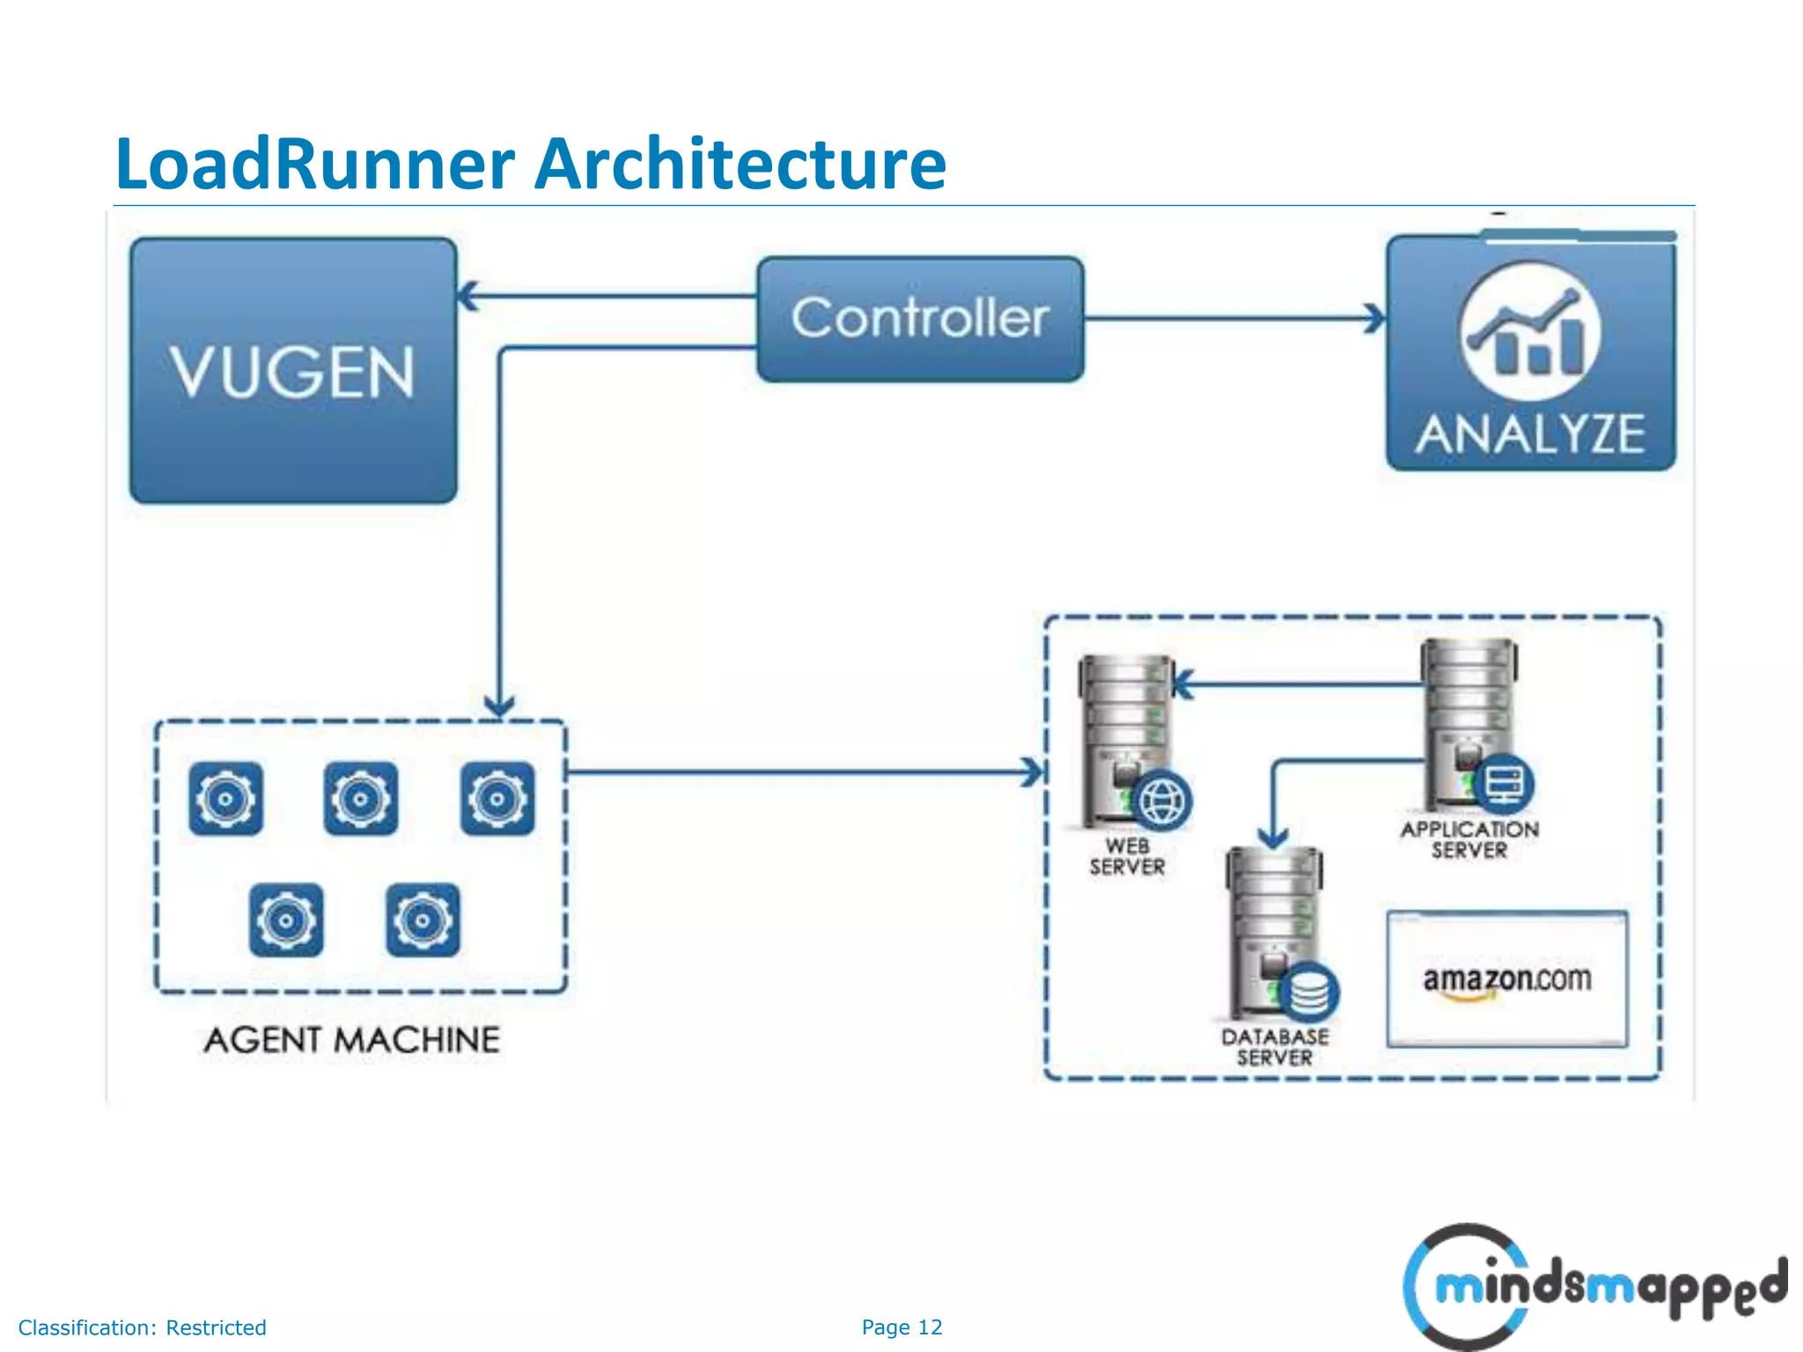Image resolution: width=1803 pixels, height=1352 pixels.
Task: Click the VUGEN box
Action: click(293, 371)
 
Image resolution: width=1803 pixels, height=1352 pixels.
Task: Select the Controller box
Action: click(920, 319)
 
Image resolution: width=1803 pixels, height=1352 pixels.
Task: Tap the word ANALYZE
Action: click(1530, 435)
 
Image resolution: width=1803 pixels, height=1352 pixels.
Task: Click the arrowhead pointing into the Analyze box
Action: click(1373, 319)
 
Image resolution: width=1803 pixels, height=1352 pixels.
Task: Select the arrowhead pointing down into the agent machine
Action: click(500, 705)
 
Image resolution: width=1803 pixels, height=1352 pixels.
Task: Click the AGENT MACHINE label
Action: click(352, 1040)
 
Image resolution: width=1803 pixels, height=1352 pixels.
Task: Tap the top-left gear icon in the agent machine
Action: click(225, 798)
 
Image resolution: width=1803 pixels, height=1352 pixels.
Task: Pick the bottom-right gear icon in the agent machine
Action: click(423, 920)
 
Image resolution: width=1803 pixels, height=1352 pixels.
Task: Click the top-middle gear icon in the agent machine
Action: click(361, 798)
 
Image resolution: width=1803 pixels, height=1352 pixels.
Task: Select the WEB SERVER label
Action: click(1127, 856)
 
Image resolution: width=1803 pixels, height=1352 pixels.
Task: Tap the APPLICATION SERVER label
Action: click(1469, 840)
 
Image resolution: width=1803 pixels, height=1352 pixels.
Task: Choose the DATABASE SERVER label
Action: click(1275, 1047)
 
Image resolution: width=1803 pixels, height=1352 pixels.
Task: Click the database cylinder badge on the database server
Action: click(1309, 993)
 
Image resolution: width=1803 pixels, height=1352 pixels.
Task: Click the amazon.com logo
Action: click(1506, 980)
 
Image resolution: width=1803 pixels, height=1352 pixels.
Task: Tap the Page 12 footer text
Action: click(901, 1327)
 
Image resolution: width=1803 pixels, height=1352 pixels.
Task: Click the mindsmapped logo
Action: click(1593, 1287)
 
